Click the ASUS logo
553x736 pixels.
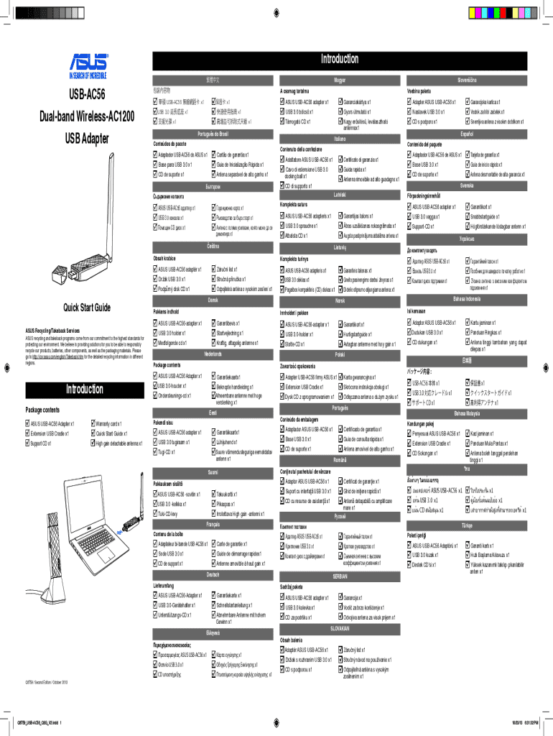coord(88,61)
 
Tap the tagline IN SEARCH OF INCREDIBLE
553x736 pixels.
coord(88,75)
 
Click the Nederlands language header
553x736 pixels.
coord(213,355)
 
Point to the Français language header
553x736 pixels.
coord(213,525)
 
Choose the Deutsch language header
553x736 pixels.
coord(213,576)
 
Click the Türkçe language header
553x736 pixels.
coord(467,526)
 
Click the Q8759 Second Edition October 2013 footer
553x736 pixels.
coord(46,681)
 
